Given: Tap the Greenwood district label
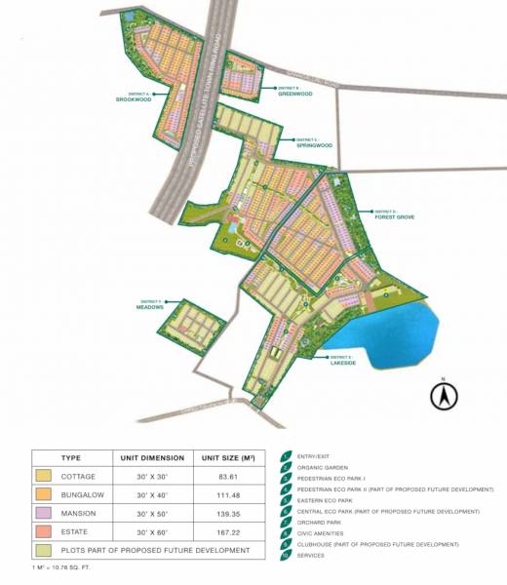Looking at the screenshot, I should coord(294,95).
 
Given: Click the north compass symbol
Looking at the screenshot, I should coord(444,396).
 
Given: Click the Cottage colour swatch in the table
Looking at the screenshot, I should coord(43,476).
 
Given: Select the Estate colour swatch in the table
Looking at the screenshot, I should coord(43,531).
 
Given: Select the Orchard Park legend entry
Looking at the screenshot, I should coord(318,522).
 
